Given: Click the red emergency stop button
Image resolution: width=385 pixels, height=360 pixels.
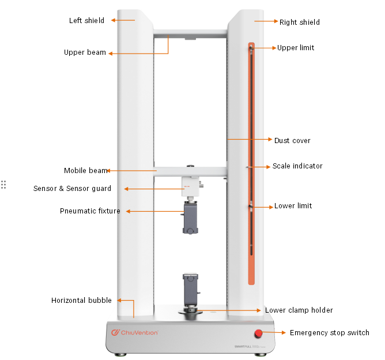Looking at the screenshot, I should [258, 333].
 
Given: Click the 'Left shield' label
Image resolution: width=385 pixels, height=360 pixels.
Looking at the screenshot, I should [86, 21].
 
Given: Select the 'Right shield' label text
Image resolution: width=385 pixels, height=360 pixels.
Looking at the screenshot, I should [299, 22].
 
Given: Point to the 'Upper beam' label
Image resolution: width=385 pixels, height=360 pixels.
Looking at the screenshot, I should [85, 52].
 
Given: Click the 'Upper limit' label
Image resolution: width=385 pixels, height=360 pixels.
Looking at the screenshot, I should [296, 48].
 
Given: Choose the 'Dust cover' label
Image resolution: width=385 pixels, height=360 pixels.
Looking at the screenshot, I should [292, 141].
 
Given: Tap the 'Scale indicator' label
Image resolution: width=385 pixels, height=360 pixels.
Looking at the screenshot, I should [297, 166].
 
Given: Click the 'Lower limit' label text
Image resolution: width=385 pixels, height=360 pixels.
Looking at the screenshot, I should [293, 206].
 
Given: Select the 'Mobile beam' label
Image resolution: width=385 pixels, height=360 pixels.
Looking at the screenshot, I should [85, 171].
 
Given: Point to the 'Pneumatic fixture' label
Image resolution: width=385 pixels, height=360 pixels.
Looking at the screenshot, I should [90, 211].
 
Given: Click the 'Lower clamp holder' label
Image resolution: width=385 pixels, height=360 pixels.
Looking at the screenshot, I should [299, 310].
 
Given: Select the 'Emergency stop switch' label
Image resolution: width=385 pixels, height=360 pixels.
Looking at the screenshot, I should [329, 333].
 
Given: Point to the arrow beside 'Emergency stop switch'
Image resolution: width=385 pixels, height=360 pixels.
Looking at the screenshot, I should [275, 333].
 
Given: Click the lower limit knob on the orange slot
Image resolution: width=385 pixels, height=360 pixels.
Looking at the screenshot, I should [251, 206].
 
